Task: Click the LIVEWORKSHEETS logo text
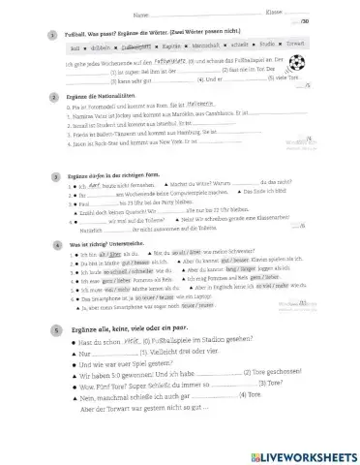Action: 306,453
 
